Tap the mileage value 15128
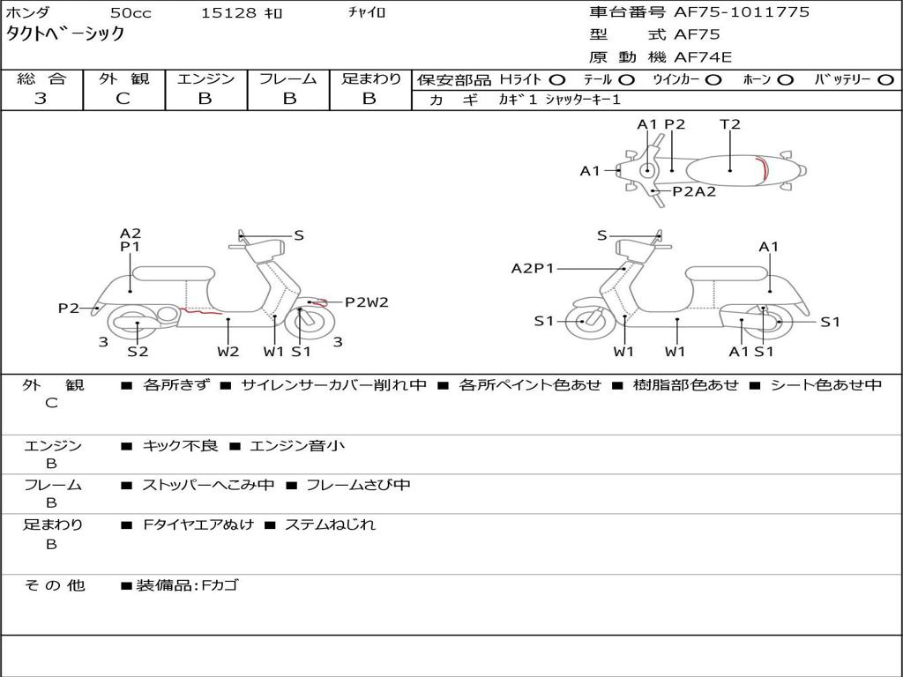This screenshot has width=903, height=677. click(228, 13)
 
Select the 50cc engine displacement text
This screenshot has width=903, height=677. click(130, 13)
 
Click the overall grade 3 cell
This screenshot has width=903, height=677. click(41, 99)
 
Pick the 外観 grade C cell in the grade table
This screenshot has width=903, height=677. click(123, 99)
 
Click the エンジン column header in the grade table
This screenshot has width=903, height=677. click(205, 78)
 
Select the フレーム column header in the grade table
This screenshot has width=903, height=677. click(288, 78)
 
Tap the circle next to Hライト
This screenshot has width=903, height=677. click(557, 79)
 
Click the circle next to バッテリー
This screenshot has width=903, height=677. click(885, 79)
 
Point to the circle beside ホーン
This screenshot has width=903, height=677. click(785, 79)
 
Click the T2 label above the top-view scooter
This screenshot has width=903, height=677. click(730, 124)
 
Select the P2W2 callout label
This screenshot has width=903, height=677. click(367, 302)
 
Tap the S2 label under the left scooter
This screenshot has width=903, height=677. click(138, 352)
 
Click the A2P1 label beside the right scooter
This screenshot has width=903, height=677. click(533, 269)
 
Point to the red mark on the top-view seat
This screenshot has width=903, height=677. click(765, 168)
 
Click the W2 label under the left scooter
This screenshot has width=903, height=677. click(228, 352)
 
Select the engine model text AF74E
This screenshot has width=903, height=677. click(703, 57)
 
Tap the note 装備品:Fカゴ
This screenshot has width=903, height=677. click(186, 585)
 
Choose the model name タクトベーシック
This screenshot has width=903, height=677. click(66, 34)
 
